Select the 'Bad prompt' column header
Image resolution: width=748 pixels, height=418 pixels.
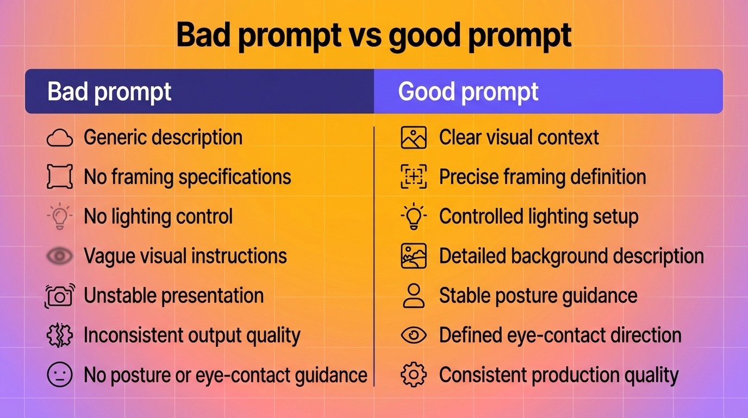[109, 91]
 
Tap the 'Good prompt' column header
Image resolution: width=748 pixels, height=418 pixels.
[468, 91]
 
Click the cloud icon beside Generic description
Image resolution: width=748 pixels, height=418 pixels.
[60, 138]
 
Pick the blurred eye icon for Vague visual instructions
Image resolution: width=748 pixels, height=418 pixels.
[60, 256]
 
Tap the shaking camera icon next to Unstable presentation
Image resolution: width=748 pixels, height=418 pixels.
[60, 296]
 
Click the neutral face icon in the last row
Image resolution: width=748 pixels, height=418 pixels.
[60, 375]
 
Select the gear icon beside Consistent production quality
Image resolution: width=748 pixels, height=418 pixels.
[413, 375]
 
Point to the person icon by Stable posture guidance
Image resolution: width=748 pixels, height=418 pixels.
[414, 296]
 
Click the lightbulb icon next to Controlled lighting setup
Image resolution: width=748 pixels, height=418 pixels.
[414, 216]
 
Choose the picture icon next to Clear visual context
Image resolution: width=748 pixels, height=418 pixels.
[414, 138]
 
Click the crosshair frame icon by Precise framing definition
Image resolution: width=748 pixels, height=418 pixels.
[414, 177]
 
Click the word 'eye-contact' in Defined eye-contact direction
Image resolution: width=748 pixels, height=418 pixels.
[548, 335]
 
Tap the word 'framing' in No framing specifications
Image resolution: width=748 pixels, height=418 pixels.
[142, 177]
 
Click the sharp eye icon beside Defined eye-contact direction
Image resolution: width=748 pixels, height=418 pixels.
[414, 335]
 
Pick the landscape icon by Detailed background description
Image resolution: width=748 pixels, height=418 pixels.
[414, 256]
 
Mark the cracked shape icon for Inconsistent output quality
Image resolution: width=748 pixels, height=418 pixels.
[60, 336]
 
